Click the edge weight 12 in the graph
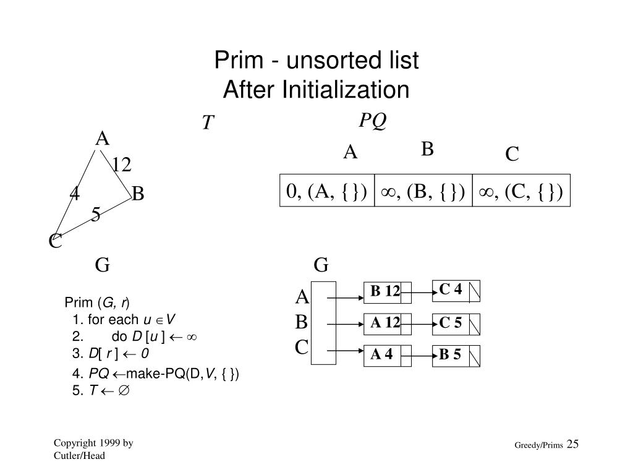point(122,165)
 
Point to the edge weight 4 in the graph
point(74,194)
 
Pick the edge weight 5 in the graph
point(96,215)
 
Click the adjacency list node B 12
point(386,291)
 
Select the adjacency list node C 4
point(451,289)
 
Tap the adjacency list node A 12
point(386,322)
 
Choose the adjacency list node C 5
point(451,322)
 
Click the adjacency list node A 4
point(382,354)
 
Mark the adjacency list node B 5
point(451,355)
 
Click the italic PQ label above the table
point(373,121)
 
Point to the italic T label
point(208,124)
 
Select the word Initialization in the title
point(346,90)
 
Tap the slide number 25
point(572,444)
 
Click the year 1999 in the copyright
point(103,443)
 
